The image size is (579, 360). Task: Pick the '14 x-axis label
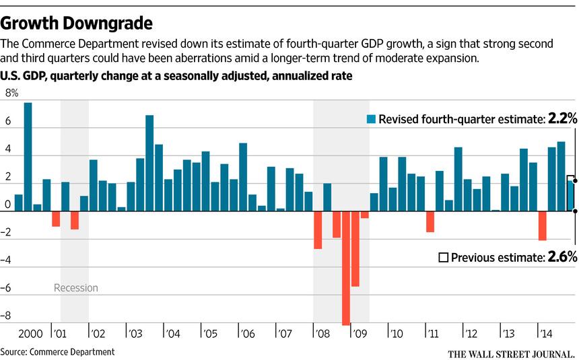541,334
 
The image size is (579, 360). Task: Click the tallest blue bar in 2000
28,157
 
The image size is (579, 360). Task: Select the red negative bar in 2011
430,221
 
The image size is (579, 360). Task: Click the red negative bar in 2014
543,225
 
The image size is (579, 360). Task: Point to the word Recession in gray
76,288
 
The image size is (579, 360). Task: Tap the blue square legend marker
370,120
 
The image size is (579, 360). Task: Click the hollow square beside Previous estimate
443,257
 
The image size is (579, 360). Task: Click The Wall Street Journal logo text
512,353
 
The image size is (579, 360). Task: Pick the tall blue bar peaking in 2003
149,163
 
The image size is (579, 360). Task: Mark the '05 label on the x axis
210,334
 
